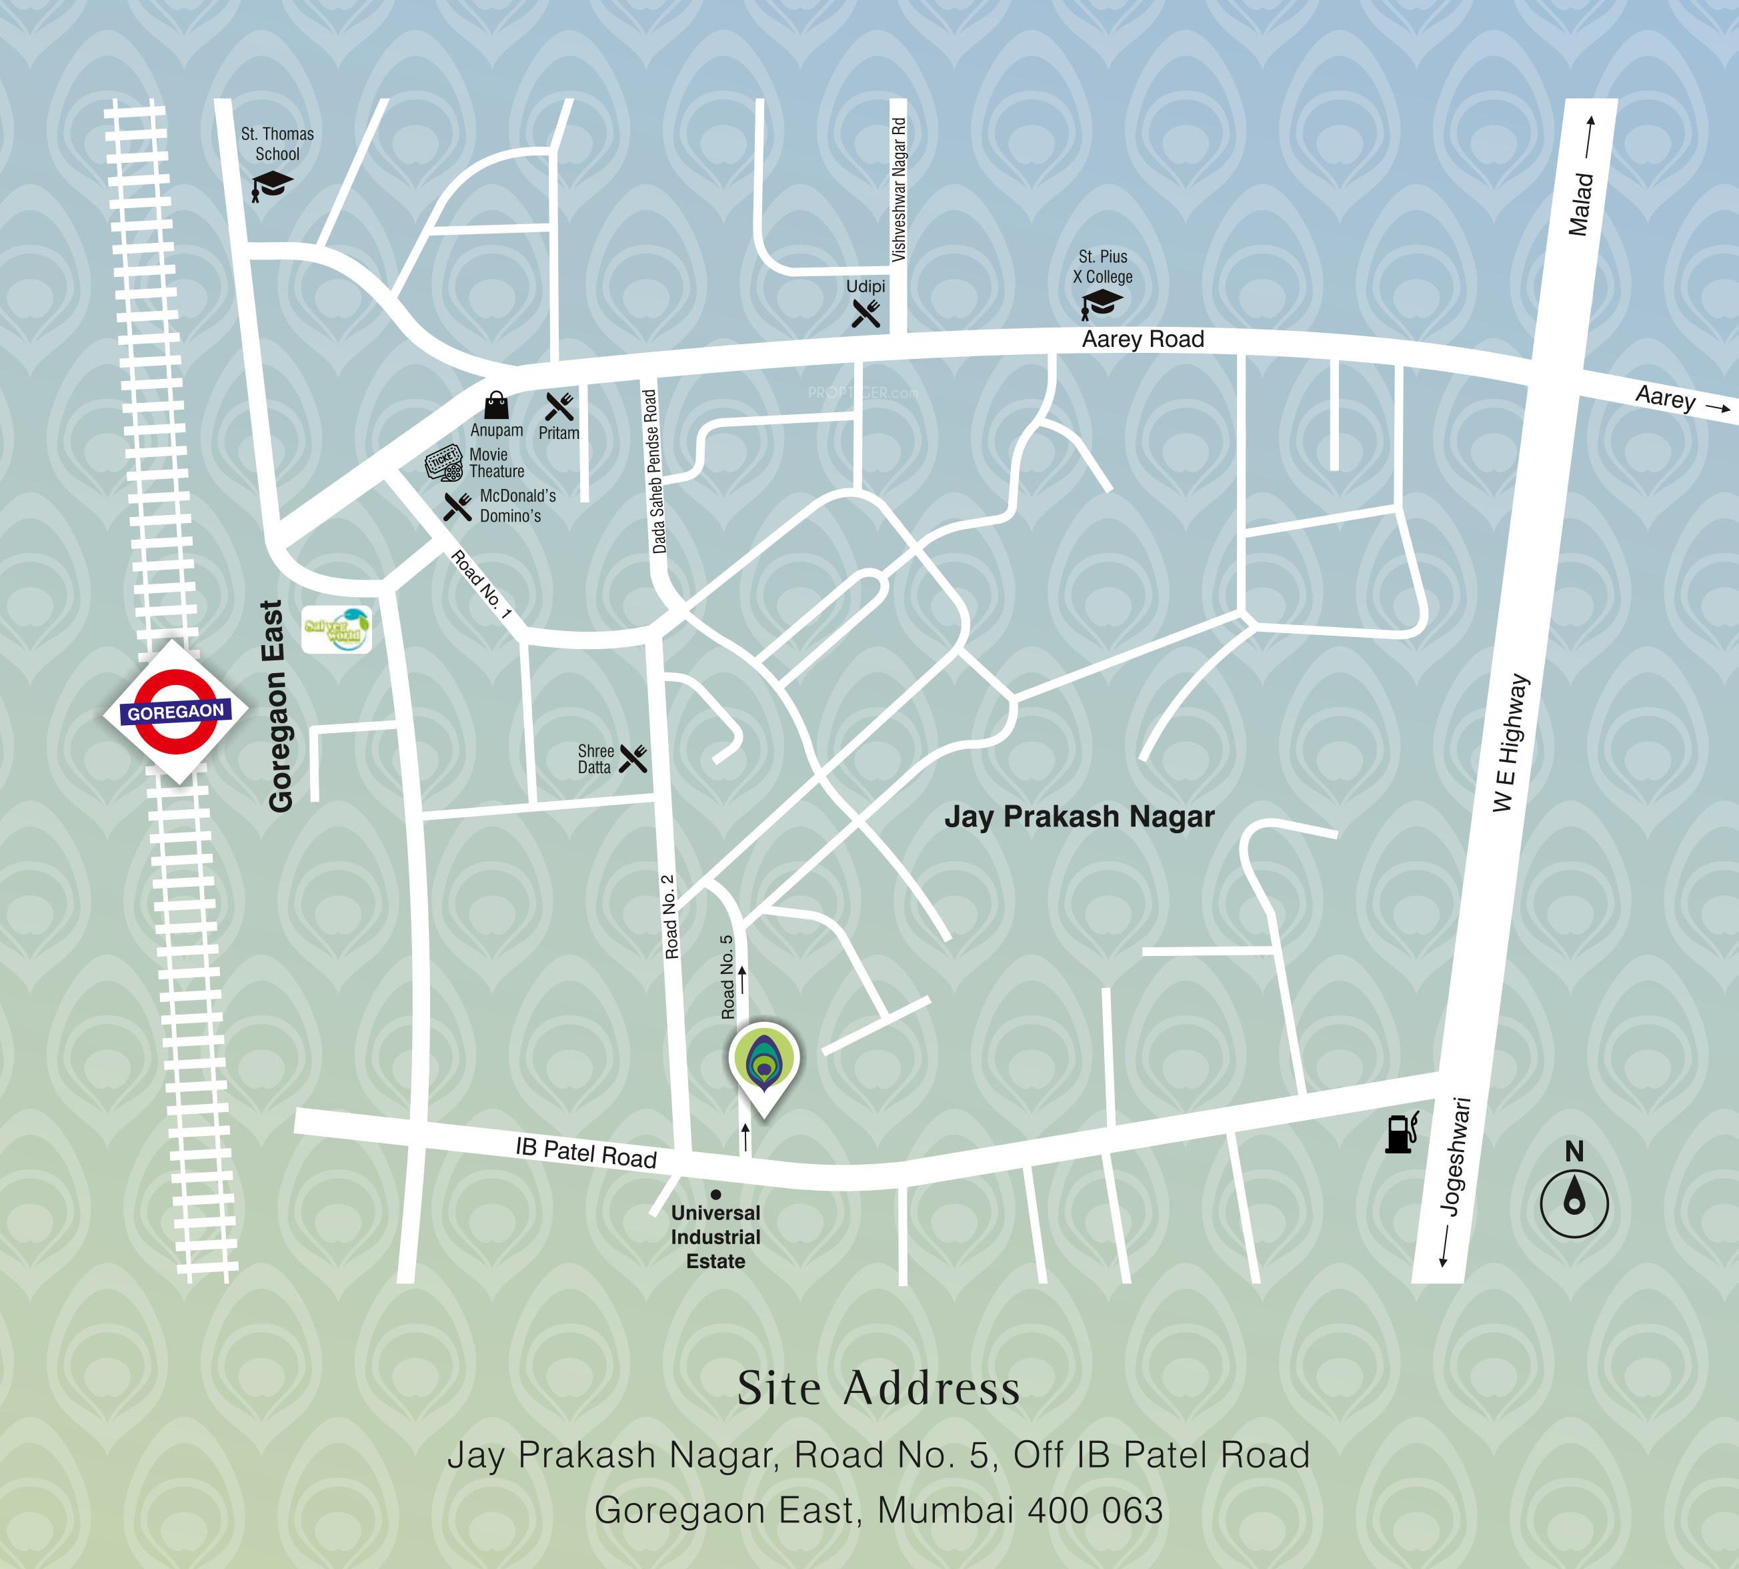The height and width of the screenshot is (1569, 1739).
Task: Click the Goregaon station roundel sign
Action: pyautogui.click(x=176, y=711)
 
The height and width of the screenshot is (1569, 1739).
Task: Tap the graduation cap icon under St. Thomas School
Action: pyautogui.click(x=271, y=185)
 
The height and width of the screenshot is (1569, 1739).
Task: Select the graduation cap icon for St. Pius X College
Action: pyautogui.click(x=1102, y=304)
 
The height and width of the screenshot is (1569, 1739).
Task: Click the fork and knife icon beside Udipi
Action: pyautogui.click(x=866, y=313)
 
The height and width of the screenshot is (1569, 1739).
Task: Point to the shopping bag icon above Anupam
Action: pyautogui.click(x=496, y=405)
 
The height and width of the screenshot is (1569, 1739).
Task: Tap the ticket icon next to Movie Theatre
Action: pyautogui.click(x=444, y=463)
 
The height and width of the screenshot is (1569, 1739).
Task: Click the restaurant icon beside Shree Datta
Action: pyautogui.click(x=633, y=758)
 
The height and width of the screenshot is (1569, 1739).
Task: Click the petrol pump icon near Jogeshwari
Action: pyautogui.click(x=1400, y=1132)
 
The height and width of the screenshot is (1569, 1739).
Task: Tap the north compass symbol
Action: pyautogui.click(x=1574, y=1203)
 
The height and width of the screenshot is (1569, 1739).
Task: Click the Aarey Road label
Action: pyautogui.click(x=1143, y=339)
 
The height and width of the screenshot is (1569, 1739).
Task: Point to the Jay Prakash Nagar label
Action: pyautogui.click(x=1079, y=817)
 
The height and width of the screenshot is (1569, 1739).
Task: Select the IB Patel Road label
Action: pyautogui.click(x=586, y=1152)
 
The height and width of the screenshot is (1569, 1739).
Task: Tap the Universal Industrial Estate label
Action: pyautogui.click(x=715, y=1237)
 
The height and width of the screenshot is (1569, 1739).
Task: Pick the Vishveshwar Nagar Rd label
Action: pyautogui.click(x=898, y=189)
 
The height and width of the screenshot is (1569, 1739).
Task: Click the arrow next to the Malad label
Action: pyautogui.click(x=1589, y=136)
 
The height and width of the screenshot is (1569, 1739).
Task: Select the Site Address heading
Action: pyautogui.click(x=878, y=1388)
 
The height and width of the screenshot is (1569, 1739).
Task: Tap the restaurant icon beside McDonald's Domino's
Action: pyautogui.click(x=457, y=507)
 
